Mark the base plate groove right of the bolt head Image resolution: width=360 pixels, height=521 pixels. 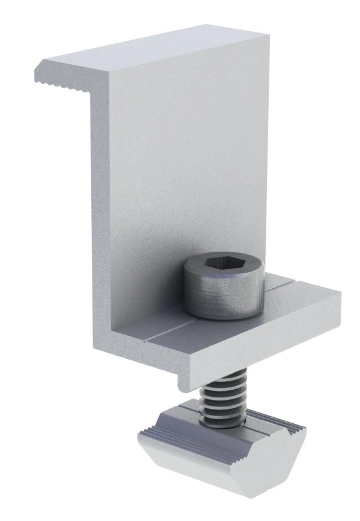282,282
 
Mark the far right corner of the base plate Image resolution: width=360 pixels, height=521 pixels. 339,294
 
